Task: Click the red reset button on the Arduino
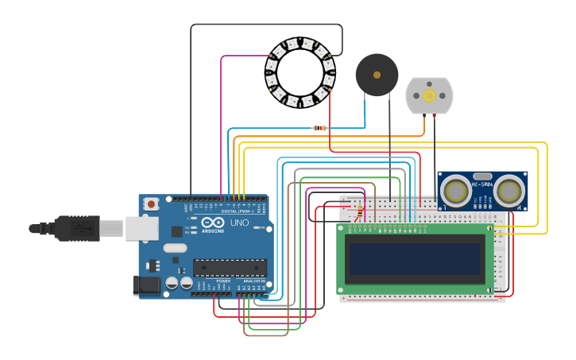coord(151,203)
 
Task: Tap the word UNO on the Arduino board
coord(239,223)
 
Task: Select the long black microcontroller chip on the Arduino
coord(230,268)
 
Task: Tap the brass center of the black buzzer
coord(377,75)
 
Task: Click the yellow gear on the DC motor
coord(429,96)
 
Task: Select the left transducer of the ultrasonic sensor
coord(456,191)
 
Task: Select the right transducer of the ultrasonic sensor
coord(508,191)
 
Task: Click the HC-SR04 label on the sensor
coord(482,184)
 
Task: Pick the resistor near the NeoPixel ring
coord(320,128)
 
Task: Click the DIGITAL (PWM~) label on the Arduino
coord(238,211)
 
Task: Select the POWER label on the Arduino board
coord(224,281)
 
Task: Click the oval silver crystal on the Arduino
coord(176,248)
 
